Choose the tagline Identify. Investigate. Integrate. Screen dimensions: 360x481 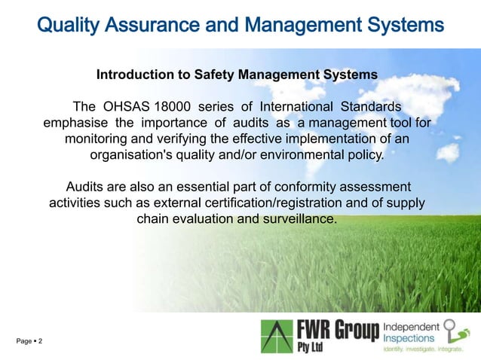[x=422, y=350]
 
